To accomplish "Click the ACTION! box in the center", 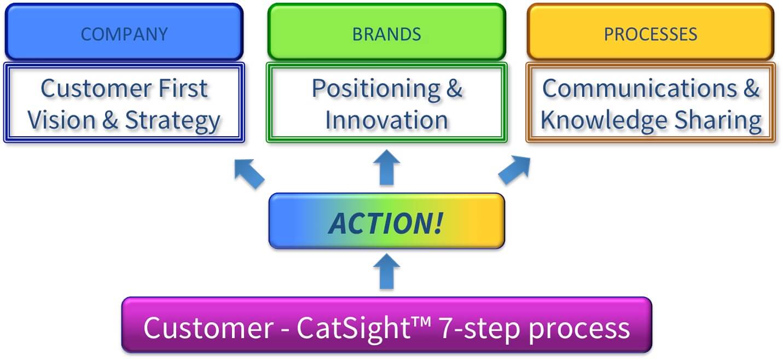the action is pos(387,221).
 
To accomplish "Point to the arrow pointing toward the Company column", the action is pos(249,174).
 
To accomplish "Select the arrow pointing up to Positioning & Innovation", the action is pos(387,167).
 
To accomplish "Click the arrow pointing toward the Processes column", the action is pos(514,170).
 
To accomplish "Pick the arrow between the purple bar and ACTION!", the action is pos(387,271).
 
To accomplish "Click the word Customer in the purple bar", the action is pos(208,328).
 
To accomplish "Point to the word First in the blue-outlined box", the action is pos(183,88).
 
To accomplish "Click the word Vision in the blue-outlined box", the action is pos(61,120).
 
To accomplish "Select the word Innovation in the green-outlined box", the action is pos(387,120).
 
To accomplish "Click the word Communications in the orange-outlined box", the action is pos(640,88).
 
